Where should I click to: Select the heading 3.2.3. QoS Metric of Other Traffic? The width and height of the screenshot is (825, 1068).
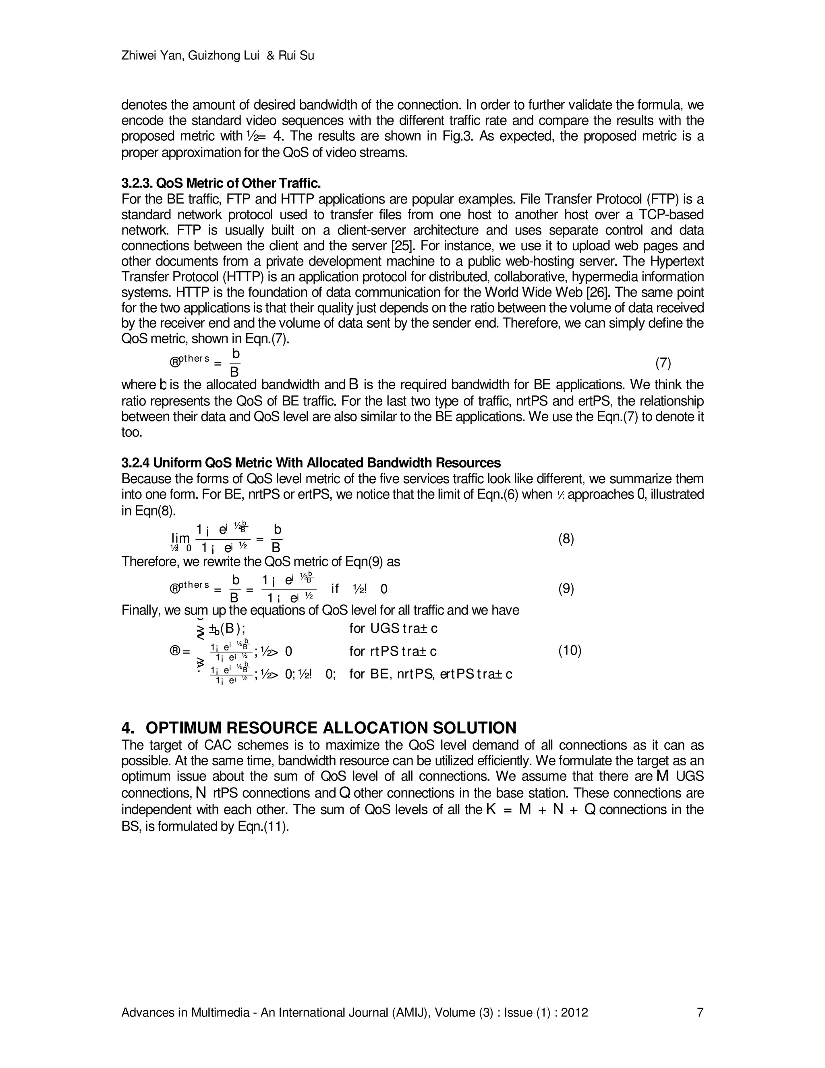(221, 183)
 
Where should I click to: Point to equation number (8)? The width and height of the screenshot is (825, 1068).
(566, 539)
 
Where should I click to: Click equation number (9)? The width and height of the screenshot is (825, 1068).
(566, 588)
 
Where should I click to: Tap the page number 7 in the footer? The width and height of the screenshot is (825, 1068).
(700, 1012)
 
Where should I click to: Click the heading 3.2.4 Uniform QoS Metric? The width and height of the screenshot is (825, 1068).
(311, 463)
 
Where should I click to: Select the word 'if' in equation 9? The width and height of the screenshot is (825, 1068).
(335, 588)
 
